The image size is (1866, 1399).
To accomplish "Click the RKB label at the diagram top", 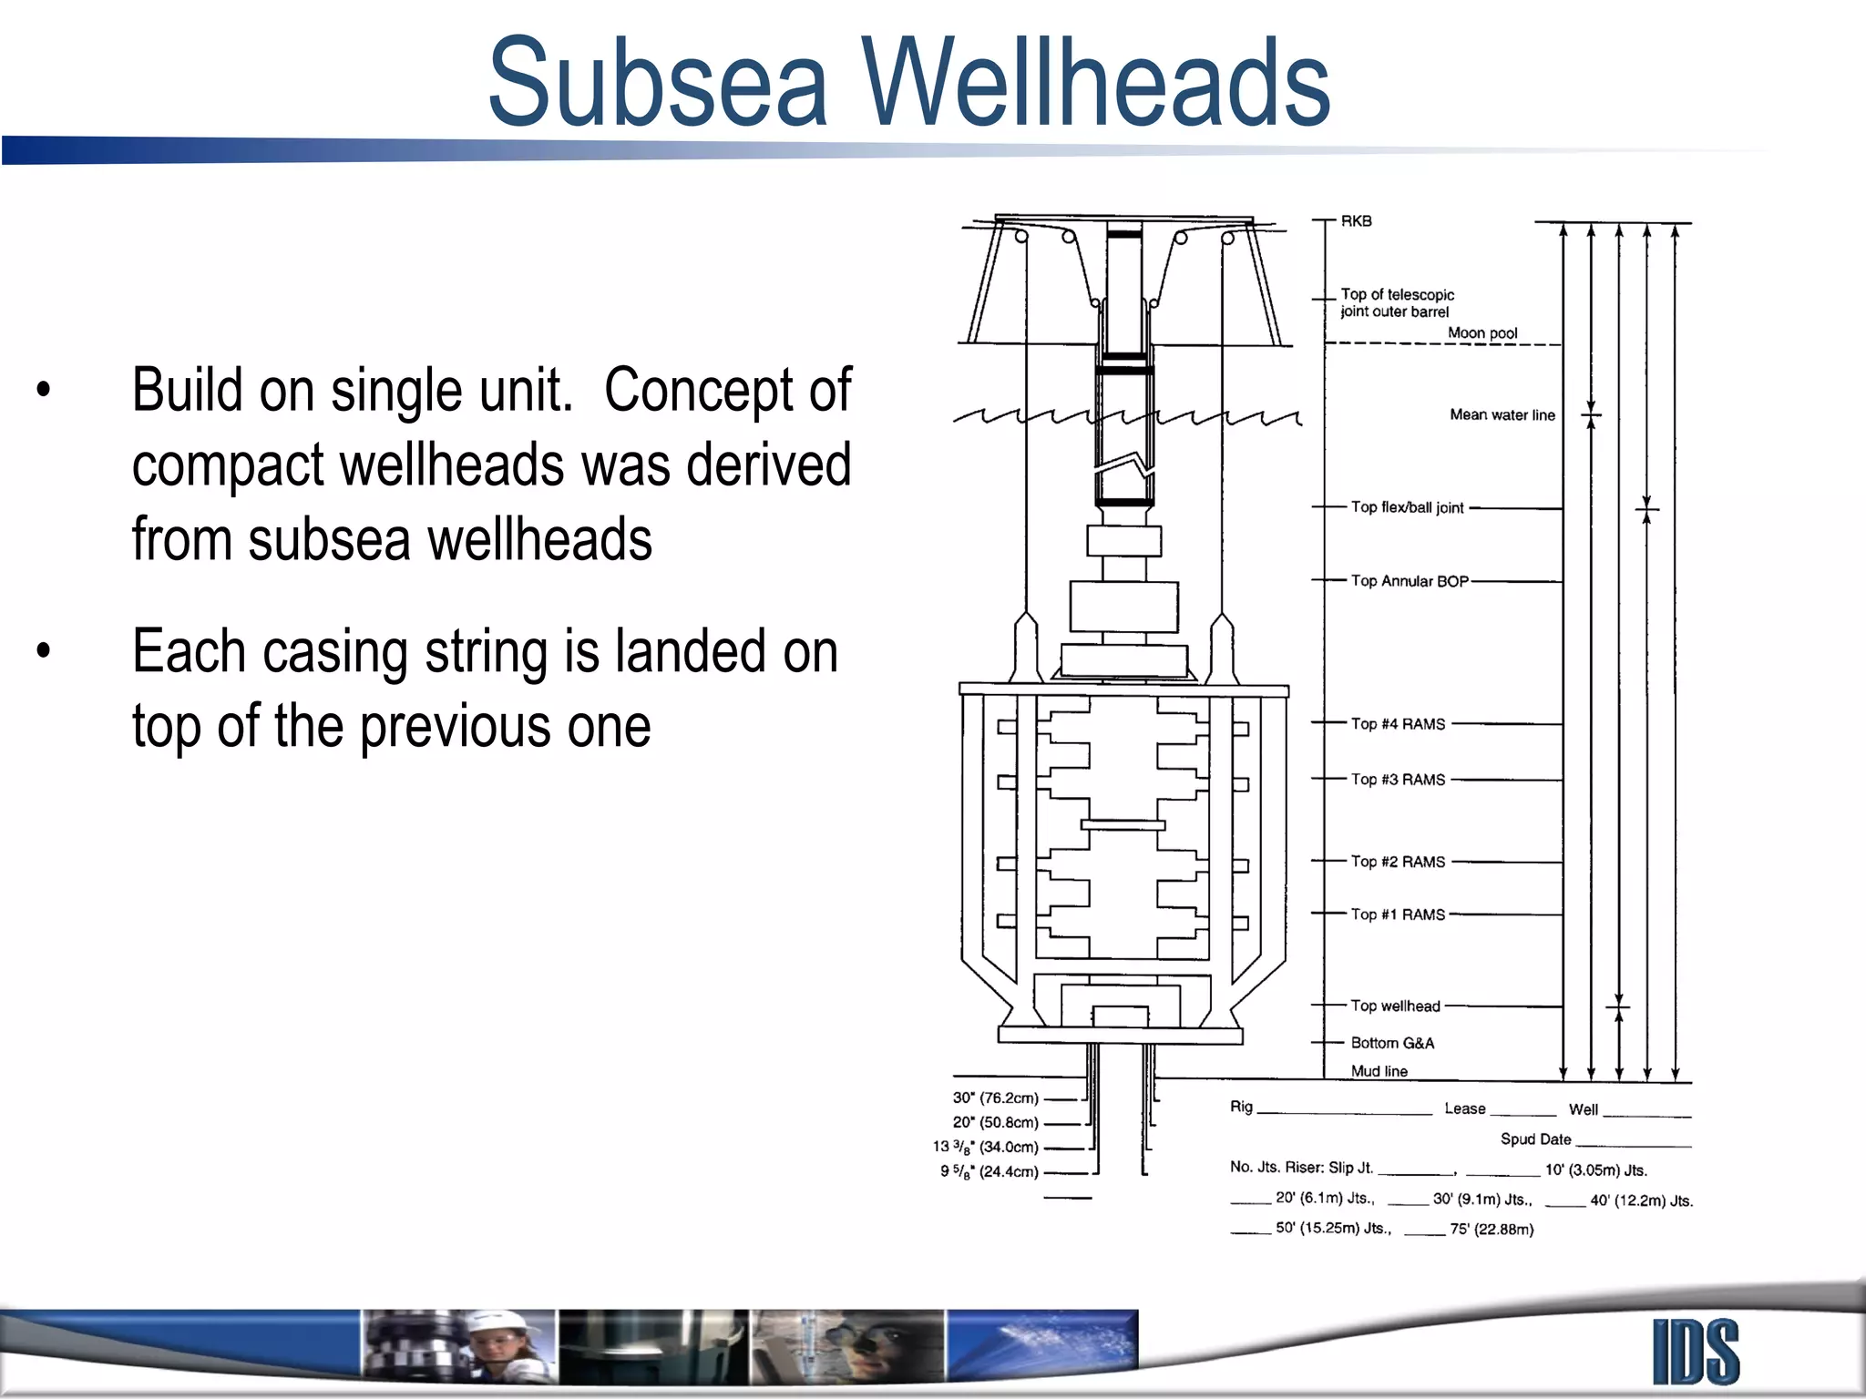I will coord(1356,221).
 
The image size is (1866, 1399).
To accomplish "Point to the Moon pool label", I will coord(1482,333).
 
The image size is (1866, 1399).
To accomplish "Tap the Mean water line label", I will coord(1502,415).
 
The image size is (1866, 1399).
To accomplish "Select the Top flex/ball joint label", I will coord(1407,507).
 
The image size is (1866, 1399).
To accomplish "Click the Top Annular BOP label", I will coord(1409,581).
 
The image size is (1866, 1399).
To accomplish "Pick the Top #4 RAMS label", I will coord(1398,724).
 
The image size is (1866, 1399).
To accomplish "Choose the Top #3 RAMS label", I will coord(1398,780).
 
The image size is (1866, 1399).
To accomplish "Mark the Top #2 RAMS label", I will coord(1398,862).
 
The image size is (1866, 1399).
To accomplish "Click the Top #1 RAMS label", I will coord(1398,914).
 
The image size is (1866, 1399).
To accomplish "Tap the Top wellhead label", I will coord(1395,1006).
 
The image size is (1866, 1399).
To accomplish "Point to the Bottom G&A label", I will coord(1392,1043).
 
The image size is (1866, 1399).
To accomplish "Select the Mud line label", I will coord(1379,1071).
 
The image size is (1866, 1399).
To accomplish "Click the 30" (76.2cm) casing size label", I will coord(995,1098).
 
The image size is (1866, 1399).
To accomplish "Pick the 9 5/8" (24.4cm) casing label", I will coord(989,1172).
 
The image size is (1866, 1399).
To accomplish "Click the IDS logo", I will coord(1696,1352).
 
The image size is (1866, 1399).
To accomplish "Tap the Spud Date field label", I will coord(1535,1139).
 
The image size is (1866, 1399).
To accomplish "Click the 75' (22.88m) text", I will coord(1492,1230).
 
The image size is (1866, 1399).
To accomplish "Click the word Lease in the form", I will coord(1464,1109).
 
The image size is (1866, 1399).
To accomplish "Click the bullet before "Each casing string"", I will coord(44,651).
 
